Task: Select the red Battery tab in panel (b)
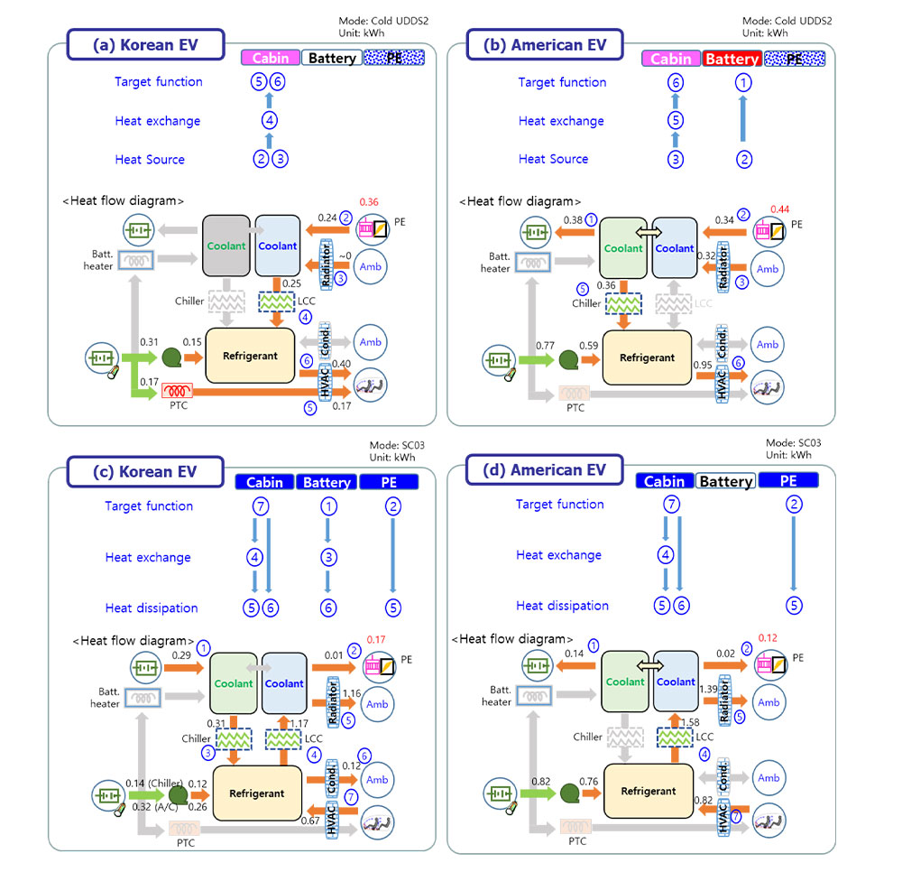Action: (732, 59)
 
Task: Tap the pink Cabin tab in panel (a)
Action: (270, 58)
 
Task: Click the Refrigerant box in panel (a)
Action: (250, 355)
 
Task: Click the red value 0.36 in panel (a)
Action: (369, 201)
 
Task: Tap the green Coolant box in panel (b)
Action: (624, 248)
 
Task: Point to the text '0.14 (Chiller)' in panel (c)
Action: (149, 782)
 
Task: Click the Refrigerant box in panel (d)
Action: (648, 791)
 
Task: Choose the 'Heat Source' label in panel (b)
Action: (553, 159)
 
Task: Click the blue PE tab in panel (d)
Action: (788, 481)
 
